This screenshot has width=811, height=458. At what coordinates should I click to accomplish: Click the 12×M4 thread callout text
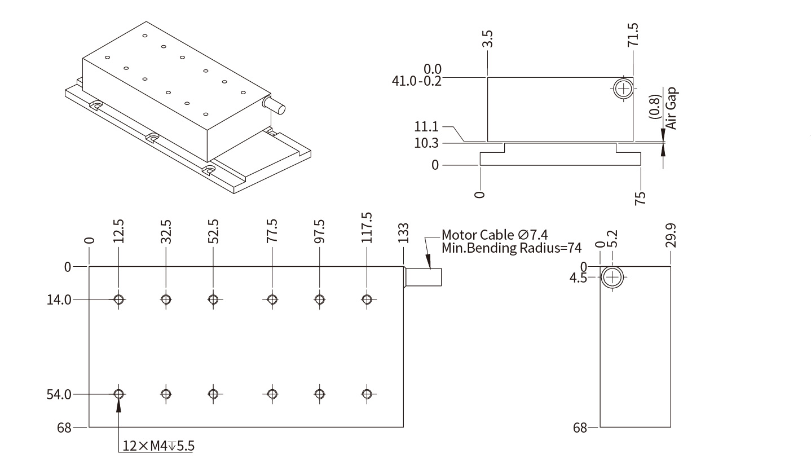[x=158, y=446]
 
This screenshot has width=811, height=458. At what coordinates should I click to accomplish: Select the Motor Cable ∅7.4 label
[x=495, y=235]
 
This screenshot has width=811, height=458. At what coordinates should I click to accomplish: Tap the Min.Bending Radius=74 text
[x=511, y=248]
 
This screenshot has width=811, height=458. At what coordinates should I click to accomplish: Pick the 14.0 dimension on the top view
[x=59, y=300]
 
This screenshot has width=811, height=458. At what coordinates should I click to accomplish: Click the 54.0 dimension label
[x=59, y=394]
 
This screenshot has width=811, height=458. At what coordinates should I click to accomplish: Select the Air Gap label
[x=671, y=109]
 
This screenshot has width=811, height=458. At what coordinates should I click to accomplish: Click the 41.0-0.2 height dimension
[x=417, y=81]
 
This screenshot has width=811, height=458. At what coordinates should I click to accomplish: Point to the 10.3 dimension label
[x=426, y=143]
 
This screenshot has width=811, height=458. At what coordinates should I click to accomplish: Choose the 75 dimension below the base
[x=640, y=198]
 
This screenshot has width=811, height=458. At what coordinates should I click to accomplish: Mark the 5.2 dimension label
[x=614, y=239]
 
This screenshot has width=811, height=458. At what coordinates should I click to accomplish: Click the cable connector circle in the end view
[x=612, y=278]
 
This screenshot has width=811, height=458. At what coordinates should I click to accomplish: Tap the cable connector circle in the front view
[x=624, y=89]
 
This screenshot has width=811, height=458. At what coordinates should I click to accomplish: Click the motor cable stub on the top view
[x=424, y=277]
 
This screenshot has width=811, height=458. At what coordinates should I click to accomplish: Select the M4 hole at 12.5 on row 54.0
[x=118, y=394]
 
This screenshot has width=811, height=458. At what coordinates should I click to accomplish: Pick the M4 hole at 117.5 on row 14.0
[x=367, y=299]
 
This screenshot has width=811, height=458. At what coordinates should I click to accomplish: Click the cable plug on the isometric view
[x=274, y=105]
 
